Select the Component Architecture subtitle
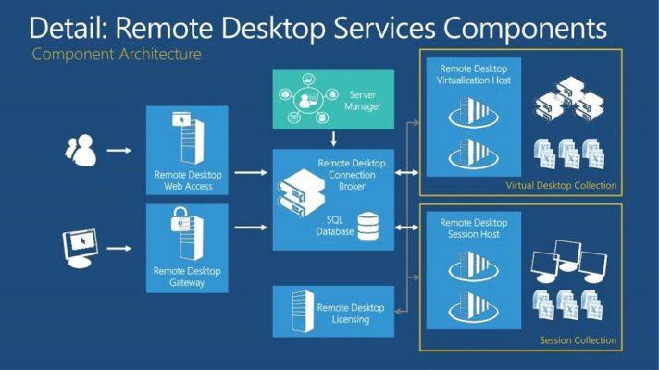coord(117,54)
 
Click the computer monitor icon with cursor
coord(81,247)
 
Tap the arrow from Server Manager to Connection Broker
coord(332,139)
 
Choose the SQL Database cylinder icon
coord(368,225)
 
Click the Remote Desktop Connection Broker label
coord(354,174)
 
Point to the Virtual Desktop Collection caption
coord(561,186)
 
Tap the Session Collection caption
coord(578,340)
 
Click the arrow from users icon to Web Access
coord(118,149)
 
